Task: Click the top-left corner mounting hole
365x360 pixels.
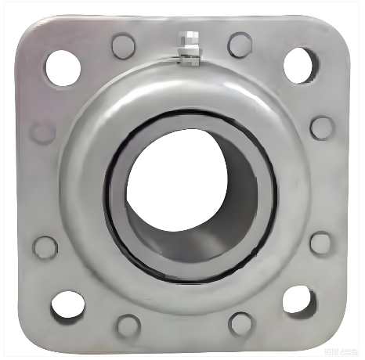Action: click(x=63, y=66)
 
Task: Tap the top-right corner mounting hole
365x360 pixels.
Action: click(x=300, y=64)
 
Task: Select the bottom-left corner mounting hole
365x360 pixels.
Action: click(x=67, y=304)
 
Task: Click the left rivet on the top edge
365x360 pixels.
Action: click(x=123, y=45)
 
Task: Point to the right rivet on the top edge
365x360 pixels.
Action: click(x=240, y=43)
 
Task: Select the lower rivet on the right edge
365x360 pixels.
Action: click(x=320, y=242)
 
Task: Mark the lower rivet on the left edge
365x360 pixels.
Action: click(x=45, y=247)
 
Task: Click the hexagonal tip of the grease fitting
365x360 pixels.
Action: click(x=186, y=37)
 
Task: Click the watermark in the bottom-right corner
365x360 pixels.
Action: click(x=339, y=349)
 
